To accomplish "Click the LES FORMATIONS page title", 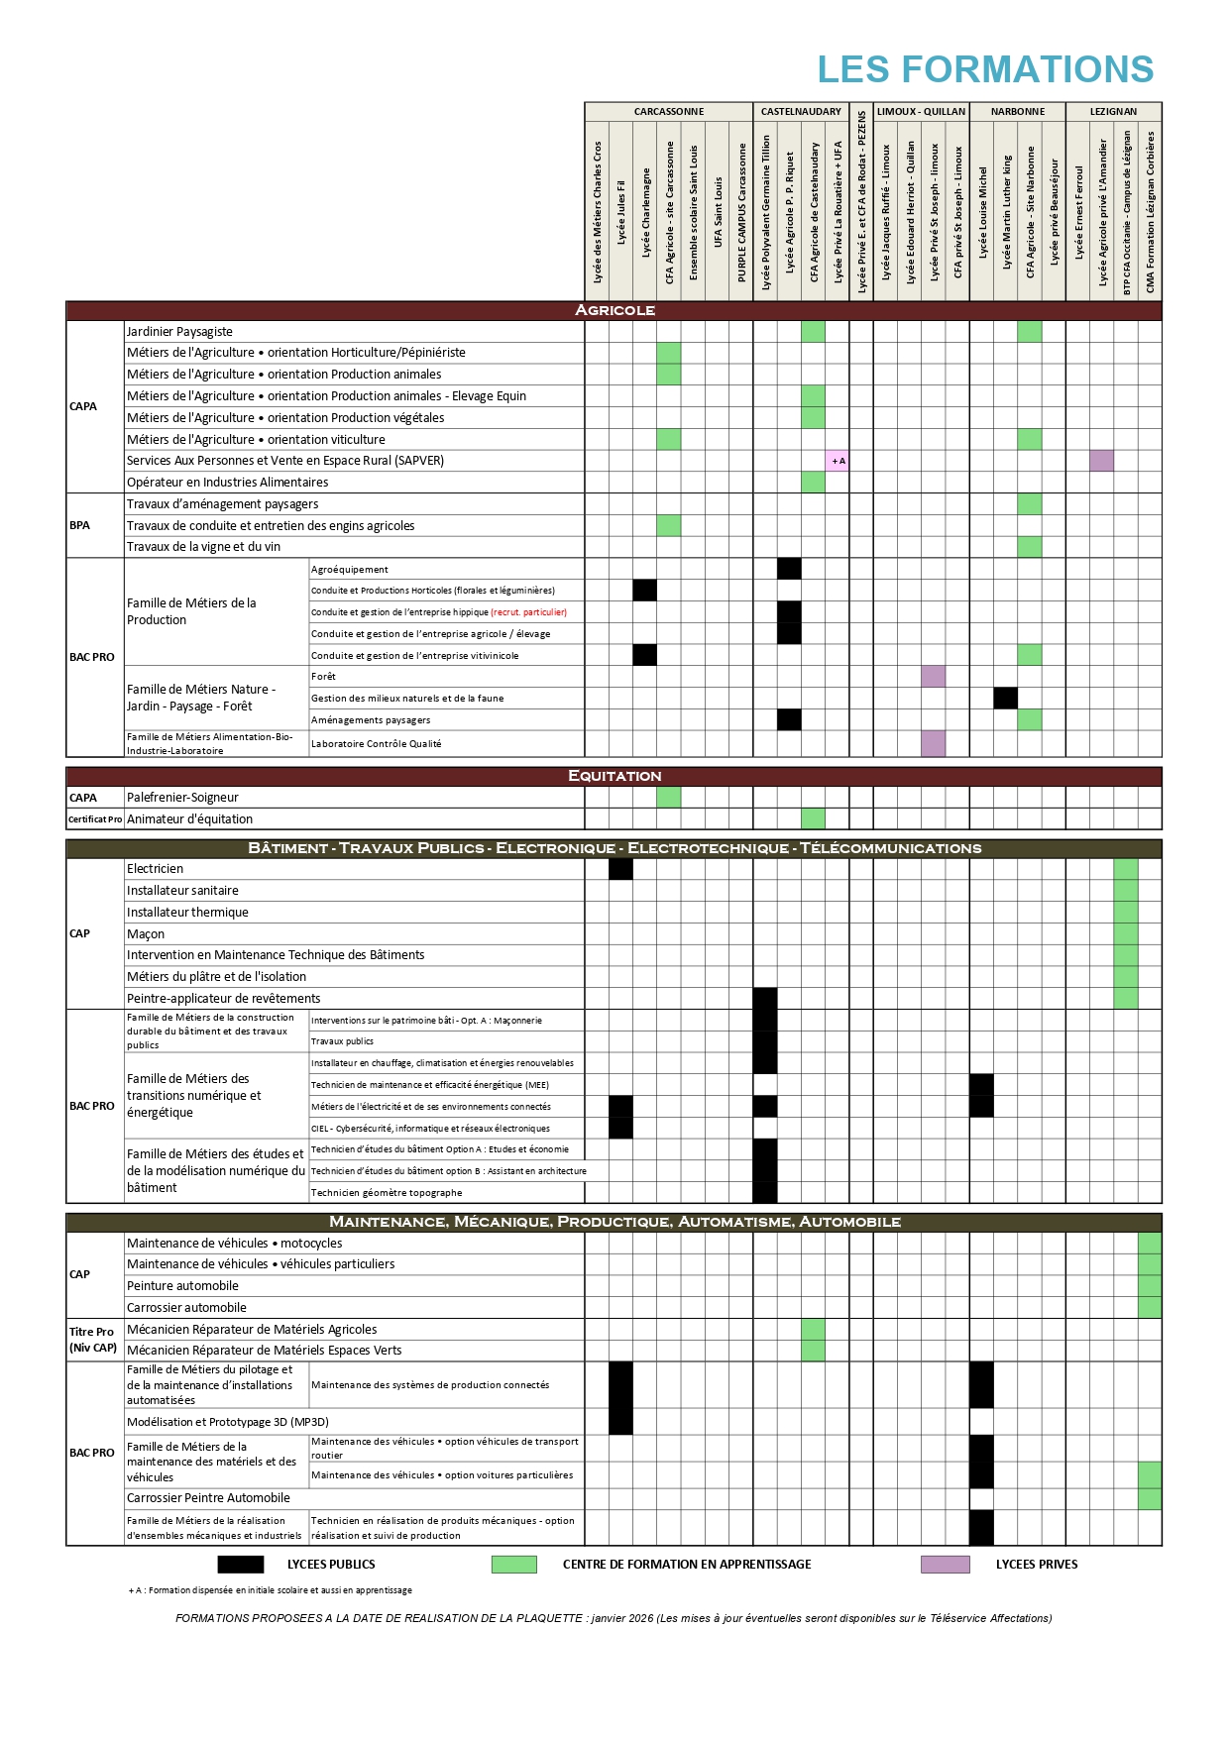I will pyautogui.click(x=985, y=69).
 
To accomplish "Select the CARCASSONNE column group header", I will pyautogui.click(x=669, y=112).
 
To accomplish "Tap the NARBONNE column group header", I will pyautogui.click(x=1017, y=112).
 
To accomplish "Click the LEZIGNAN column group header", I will pyautogui.click(x=1113, y=112).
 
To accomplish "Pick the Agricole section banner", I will pyautogui.click(x=615, y=310).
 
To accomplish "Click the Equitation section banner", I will pyautogui.click(x=615, y=776).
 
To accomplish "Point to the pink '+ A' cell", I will pyautogui.click(x=838, y=461).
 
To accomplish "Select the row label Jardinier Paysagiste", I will pyautogui.click(x=179, y=332).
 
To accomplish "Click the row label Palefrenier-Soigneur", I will pyautogui.click(x=182, y=798).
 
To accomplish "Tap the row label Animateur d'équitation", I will pyautogui.click(x=189, y=819).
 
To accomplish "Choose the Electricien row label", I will pyautogui.click(x=155, y=869).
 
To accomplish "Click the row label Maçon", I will pyautogui.click(x=146, y=934).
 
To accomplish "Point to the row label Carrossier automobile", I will pyautogui.click(x=186, y=1308).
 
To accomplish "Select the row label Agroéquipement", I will pyautogui.click(x=350, y=570).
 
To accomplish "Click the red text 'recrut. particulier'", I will pyautogui.click(x=529, y=612).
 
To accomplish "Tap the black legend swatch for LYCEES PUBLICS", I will pyautogui.click(x=241, y=1564).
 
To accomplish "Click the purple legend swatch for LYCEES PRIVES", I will pyautogui.click(x=945, y=1564).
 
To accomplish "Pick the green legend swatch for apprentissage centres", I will pyautogui.click(x=513, y=1564).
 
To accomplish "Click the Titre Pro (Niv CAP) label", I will pyautogui.click(x=93, y=1340).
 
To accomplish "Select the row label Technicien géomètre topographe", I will pyautogui.click(x=387, y=1193).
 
